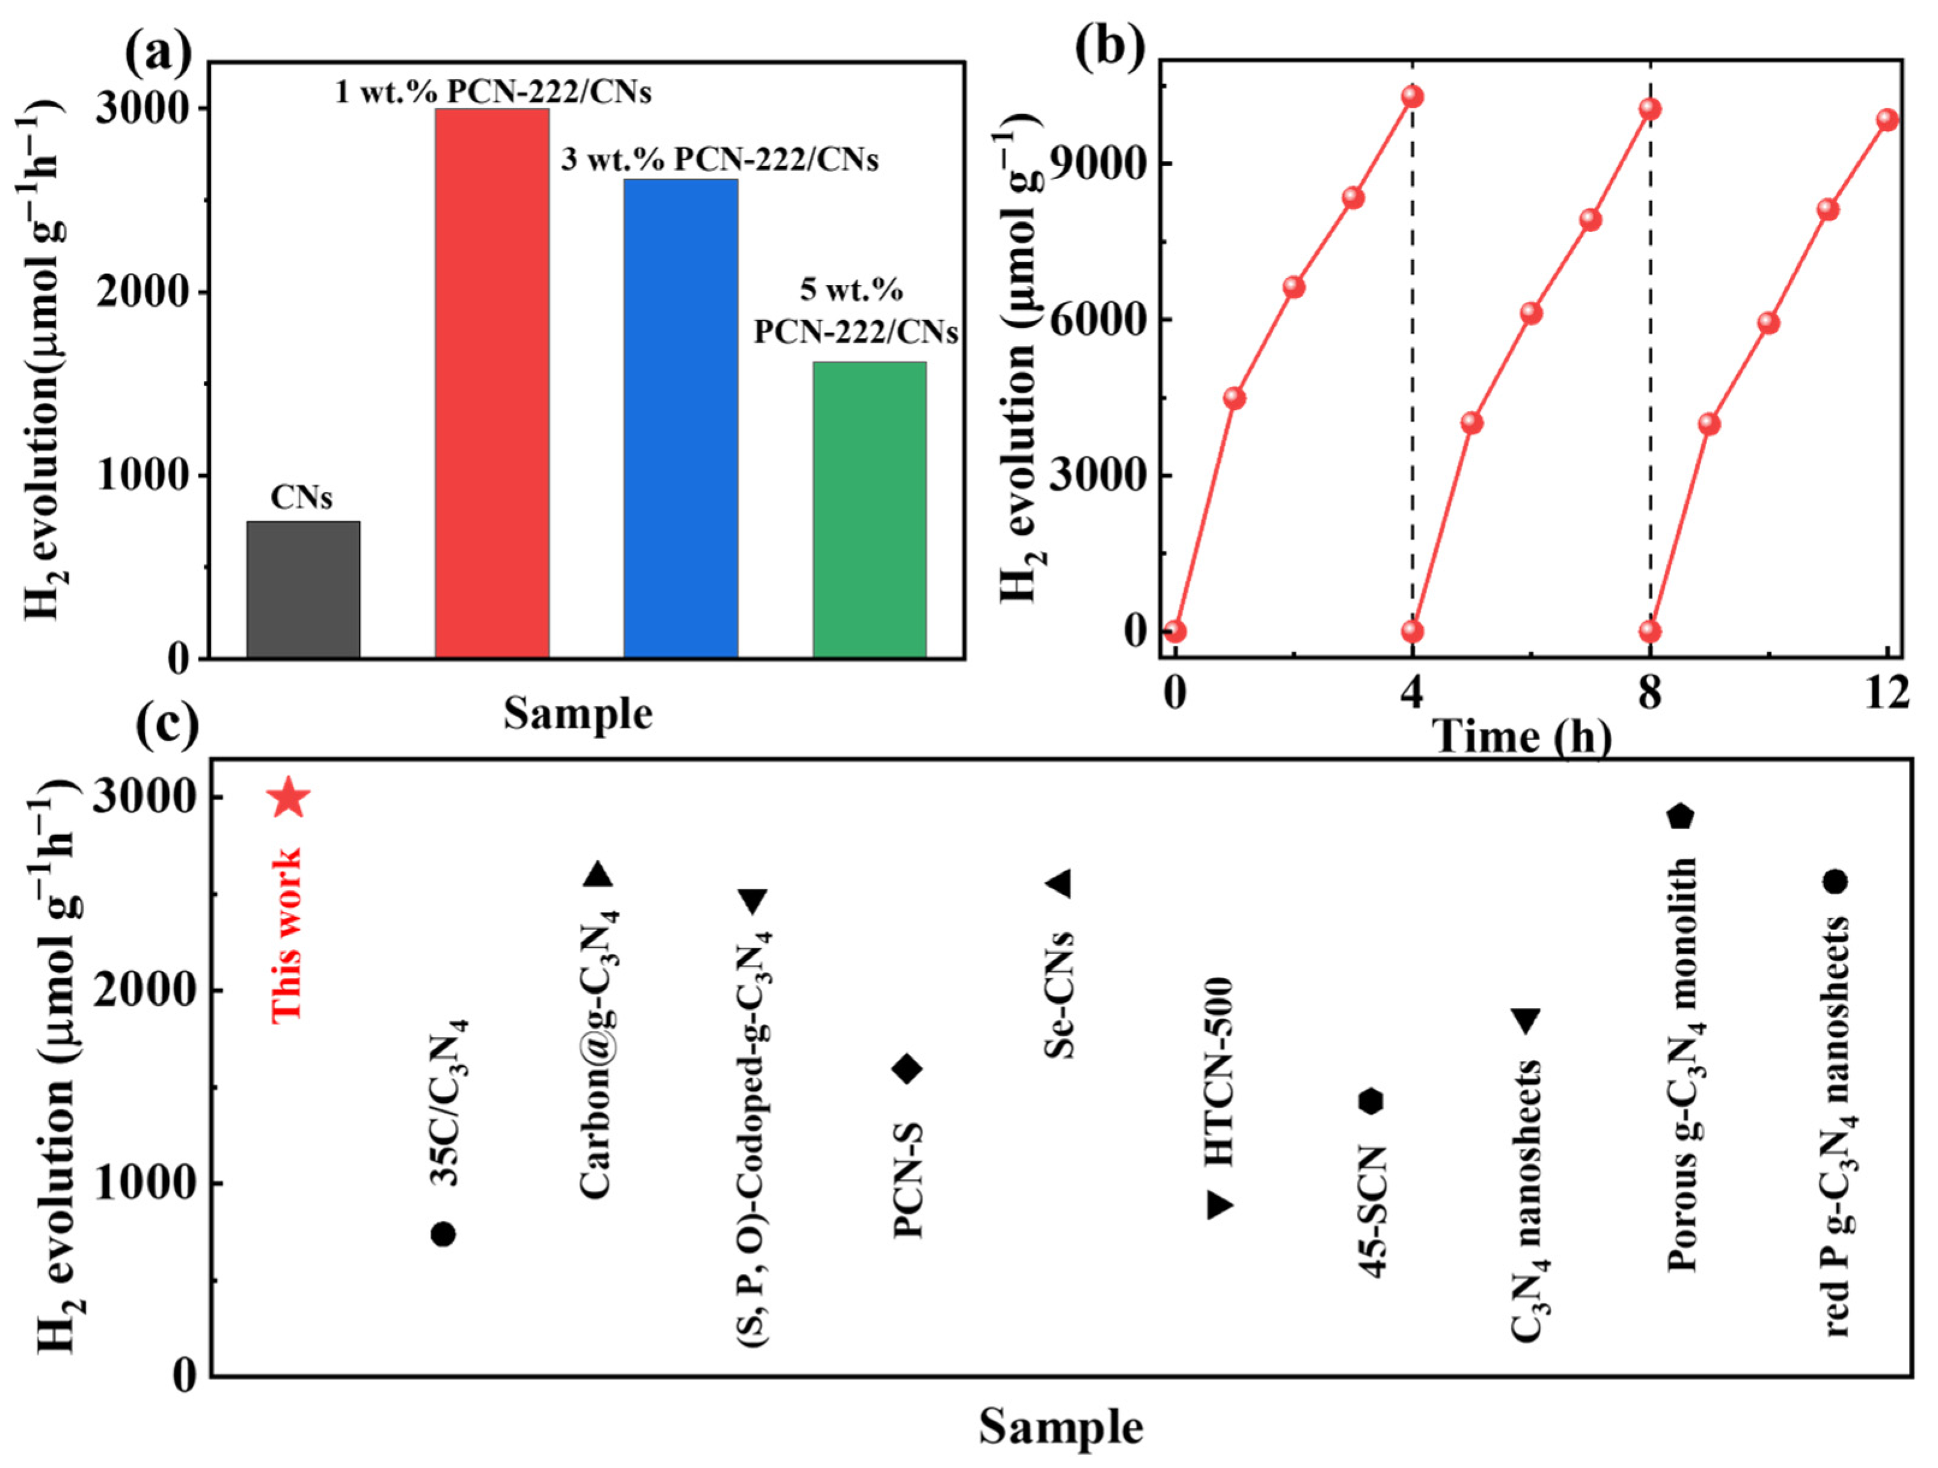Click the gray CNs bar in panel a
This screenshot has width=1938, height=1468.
pyautogui.click(x=303, y=589)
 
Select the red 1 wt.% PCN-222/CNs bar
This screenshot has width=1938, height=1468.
pyautogui.click(x=492, y=383)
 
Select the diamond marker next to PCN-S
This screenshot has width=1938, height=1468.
pyautogui.click(x=908, y=1068)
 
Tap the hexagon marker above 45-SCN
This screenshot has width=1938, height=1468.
pyautogui.click(x=1371, y=1102)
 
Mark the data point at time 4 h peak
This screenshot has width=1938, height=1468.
pyautogui.click(x=1411, y=96)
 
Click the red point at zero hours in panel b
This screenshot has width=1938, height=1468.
pyautogui.click(x=1175, y=631)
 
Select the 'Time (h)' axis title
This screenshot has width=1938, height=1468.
pyautogui.click(x=1523, y=736)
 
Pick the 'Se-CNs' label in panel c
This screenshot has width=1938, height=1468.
pyautogui.click(x=1060, y=995)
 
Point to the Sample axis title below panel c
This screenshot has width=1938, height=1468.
pyautogui.click(x=1060, y=1427)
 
